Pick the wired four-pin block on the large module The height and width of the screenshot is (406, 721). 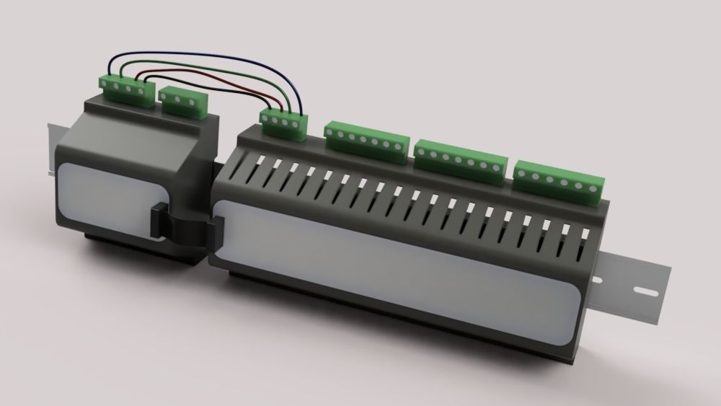(x=283, y=123)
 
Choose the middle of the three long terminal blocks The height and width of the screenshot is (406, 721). (x=459, y=159)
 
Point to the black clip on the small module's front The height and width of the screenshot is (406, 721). (x=158, y=221)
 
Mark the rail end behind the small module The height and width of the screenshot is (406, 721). (x=50, y=148)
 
